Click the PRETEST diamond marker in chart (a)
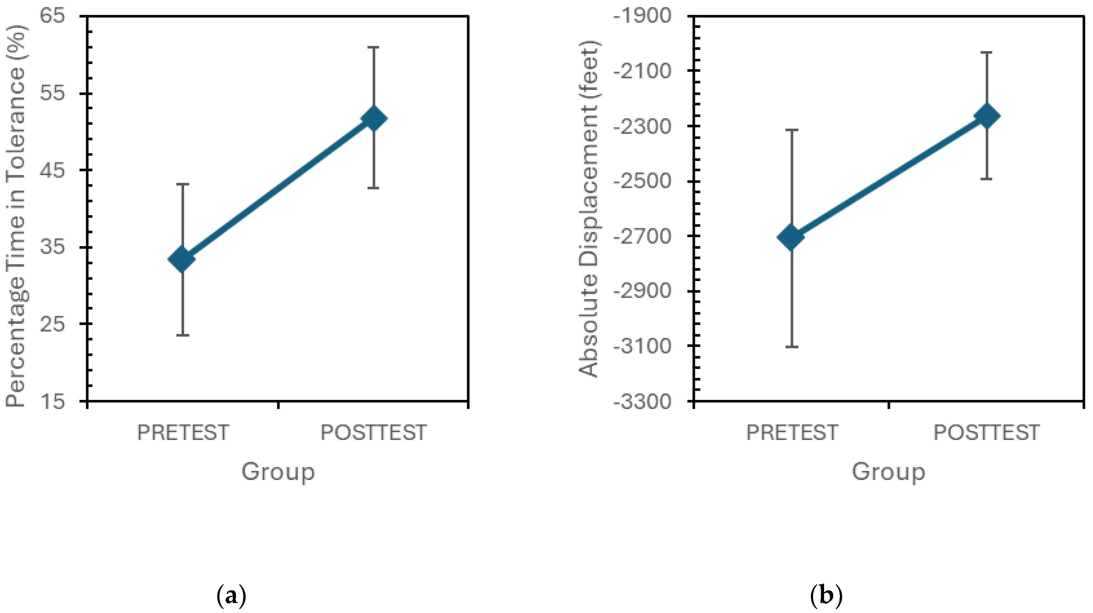coord(182,259)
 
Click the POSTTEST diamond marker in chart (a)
coord(374,118)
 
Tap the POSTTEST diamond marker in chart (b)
coord(987,116)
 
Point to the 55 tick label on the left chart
coord(53,93)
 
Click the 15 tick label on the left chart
coord(53,401)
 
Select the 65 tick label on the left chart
coord(53,16)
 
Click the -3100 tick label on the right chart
coord(643,346)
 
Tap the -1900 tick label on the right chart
coord(643,16)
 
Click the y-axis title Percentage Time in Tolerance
coord(16,216)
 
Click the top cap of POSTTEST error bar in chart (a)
coord(373,47)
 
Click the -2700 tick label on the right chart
coord(643,236)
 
